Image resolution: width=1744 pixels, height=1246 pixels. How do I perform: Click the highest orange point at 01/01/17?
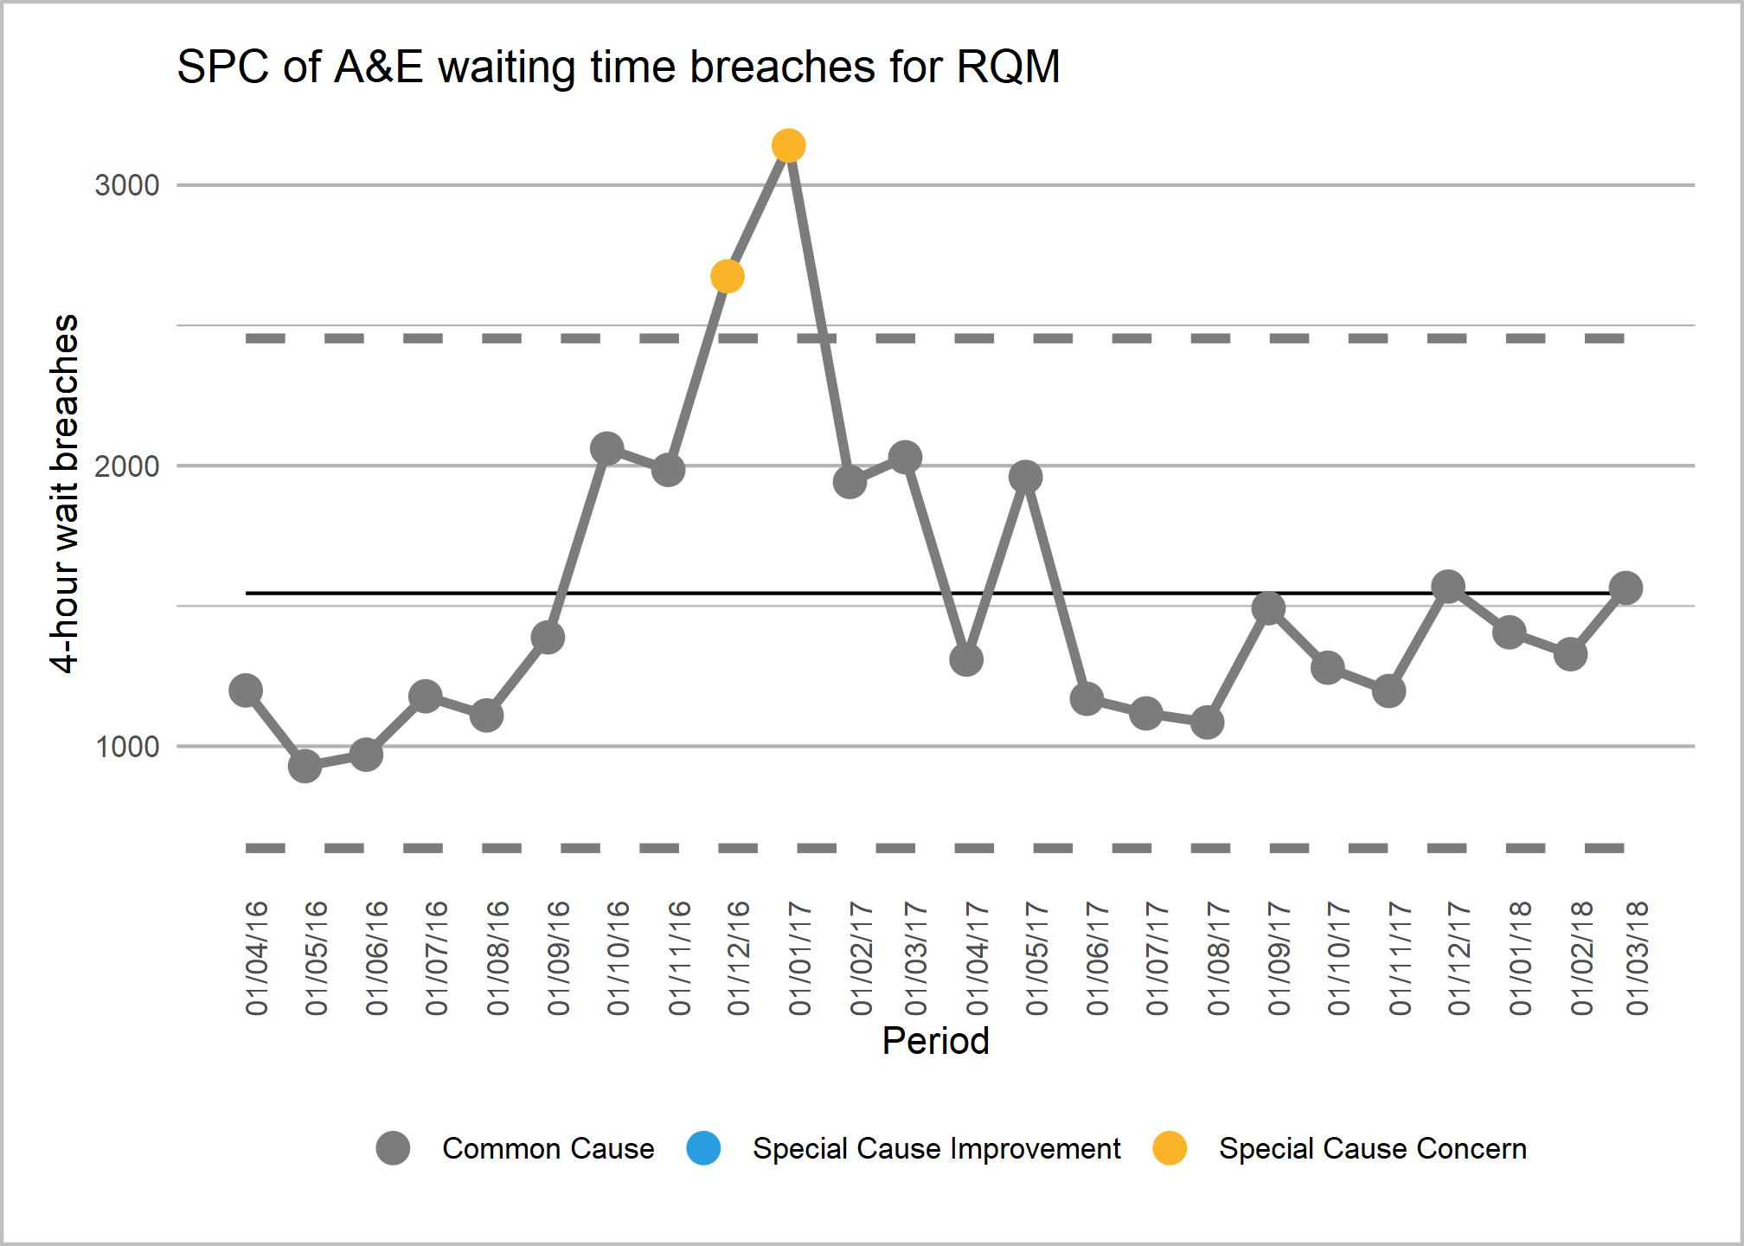pos(788,145)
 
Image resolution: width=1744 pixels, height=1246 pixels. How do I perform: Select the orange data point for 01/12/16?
pos(728,276)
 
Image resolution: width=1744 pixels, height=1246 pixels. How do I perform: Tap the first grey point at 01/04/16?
pos(246,690)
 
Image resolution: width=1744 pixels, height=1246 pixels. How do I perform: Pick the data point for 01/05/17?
pos(1025,477)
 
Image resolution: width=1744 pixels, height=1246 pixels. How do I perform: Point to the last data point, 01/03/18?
pos(1625,588)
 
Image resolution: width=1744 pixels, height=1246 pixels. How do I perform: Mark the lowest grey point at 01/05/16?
pos(305,765)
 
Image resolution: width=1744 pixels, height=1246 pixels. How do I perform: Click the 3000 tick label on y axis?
pos(127,185)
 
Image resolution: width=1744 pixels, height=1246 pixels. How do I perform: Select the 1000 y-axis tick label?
pos(127,747)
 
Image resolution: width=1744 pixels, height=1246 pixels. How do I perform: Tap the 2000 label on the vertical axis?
pos(127,466)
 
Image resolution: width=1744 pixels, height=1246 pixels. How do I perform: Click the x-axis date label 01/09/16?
pos(559,958)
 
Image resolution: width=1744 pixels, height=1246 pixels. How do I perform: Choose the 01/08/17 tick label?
pos(1218,958)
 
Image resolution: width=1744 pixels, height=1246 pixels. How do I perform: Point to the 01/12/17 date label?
pos(1459,958)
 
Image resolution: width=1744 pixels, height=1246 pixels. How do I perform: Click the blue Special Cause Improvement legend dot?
pos(703,1148)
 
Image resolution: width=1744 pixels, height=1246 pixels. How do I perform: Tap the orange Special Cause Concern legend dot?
pos(1170,1148)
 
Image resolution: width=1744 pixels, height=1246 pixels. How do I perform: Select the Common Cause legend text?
pos(548,1148)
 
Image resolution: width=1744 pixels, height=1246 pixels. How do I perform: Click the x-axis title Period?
pos(935,1041)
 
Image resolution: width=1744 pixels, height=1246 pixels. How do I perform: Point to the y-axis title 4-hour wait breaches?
pos(64,493)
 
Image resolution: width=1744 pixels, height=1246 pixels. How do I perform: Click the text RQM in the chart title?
pos(1008,67)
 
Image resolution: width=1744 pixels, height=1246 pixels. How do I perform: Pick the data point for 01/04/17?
pos(965,660)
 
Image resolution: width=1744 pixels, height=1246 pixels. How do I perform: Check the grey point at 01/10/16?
pos(606,448)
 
